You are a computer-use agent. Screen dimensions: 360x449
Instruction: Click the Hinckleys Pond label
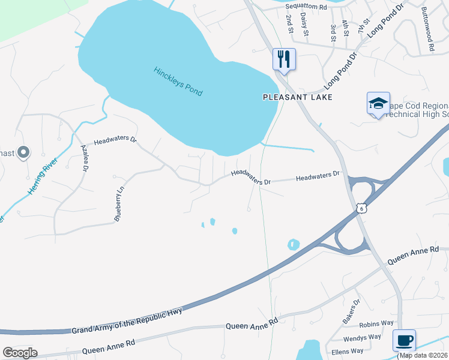coord(178,81)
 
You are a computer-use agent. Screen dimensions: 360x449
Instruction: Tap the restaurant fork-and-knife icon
coord(284,59)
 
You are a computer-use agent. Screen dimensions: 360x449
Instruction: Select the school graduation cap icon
coord(379,104)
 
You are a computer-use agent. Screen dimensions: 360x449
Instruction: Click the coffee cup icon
coord(404,340)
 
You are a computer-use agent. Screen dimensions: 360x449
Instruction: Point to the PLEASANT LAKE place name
coord(298,97)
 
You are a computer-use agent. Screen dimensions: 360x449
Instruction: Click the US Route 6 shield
coord(360,208)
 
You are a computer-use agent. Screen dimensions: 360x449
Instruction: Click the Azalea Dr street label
coord(85,160)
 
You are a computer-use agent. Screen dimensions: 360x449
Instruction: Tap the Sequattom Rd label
coord(306,7)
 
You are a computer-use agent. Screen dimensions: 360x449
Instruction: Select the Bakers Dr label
coord(351,311)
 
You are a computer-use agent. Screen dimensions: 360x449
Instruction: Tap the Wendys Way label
coord(362,338)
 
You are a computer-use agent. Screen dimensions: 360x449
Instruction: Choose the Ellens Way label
coord(349,350)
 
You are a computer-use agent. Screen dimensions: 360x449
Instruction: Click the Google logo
coord(20,353)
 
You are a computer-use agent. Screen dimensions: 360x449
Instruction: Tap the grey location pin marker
coord(23,153)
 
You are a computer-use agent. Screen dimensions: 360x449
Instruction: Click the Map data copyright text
coord(423,355)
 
